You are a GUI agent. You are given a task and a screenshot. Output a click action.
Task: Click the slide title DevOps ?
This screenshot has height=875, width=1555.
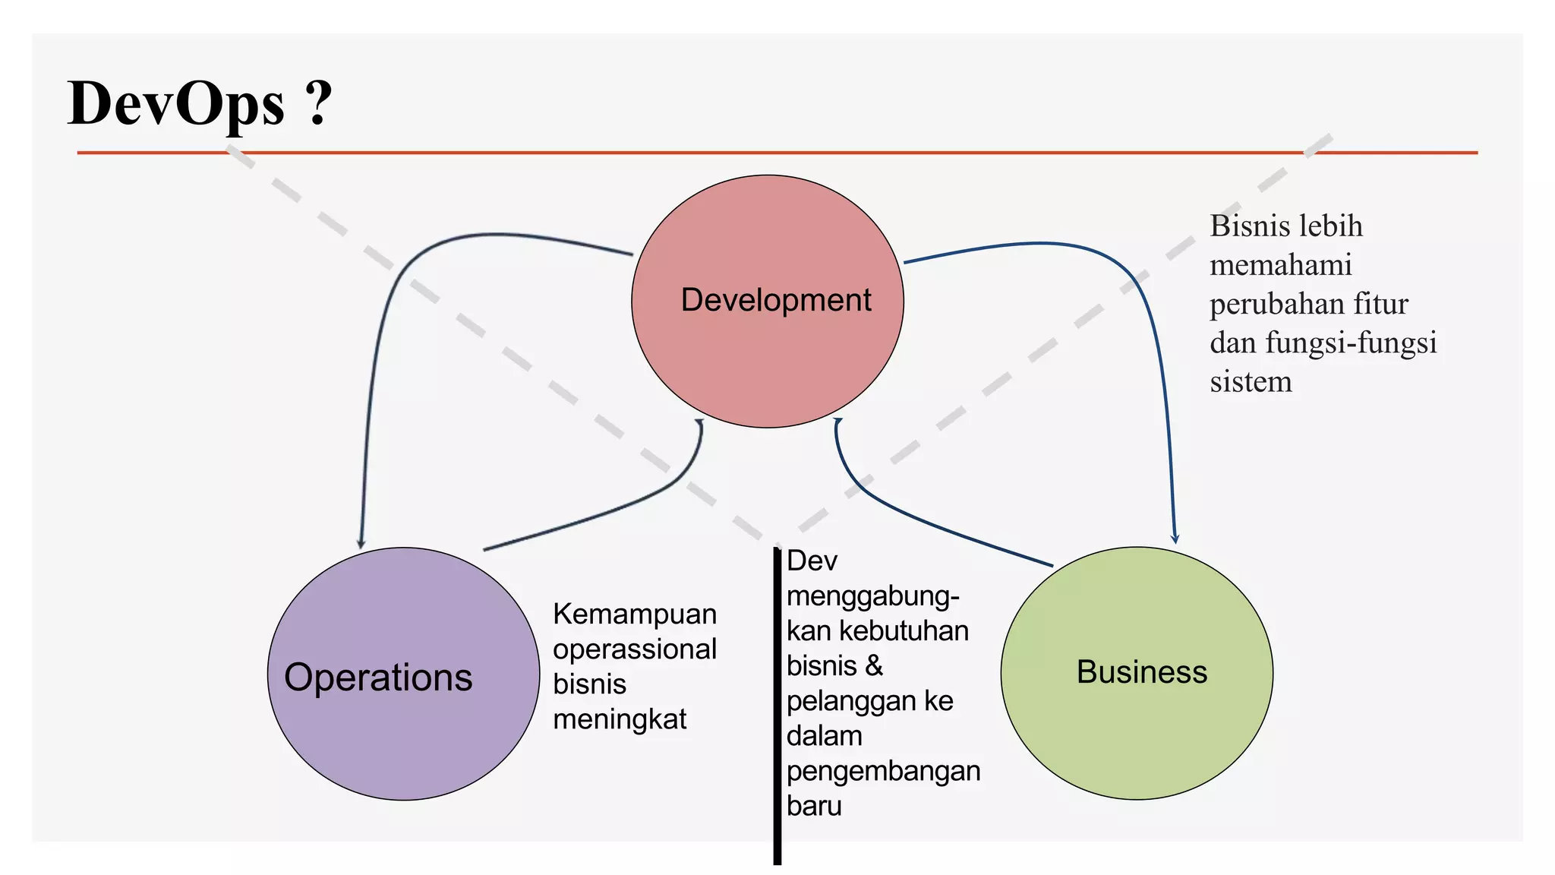200,104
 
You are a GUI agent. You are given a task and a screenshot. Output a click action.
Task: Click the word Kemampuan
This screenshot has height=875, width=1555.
635,614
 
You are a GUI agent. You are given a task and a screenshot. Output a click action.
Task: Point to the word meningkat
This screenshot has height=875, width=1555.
620,719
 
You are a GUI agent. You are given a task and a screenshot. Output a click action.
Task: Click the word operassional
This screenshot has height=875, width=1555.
635,649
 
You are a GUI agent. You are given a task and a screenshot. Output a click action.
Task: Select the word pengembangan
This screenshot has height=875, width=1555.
883,771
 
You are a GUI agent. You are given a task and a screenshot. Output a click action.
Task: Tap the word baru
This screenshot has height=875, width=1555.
814,806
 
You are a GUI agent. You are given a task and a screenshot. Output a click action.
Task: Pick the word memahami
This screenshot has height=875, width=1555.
1281,265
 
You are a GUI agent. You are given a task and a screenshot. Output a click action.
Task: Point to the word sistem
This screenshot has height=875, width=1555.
1251,381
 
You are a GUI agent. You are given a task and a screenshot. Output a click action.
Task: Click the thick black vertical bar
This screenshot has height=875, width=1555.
777,706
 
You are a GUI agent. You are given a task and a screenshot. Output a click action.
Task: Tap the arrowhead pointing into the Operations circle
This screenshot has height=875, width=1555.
361,542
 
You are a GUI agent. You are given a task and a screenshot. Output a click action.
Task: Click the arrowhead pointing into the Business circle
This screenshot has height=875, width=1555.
1175,539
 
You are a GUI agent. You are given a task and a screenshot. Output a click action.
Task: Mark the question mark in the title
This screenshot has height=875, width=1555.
318,104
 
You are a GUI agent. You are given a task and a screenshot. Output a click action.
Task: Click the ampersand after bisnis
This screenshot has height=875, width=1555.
874,666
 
